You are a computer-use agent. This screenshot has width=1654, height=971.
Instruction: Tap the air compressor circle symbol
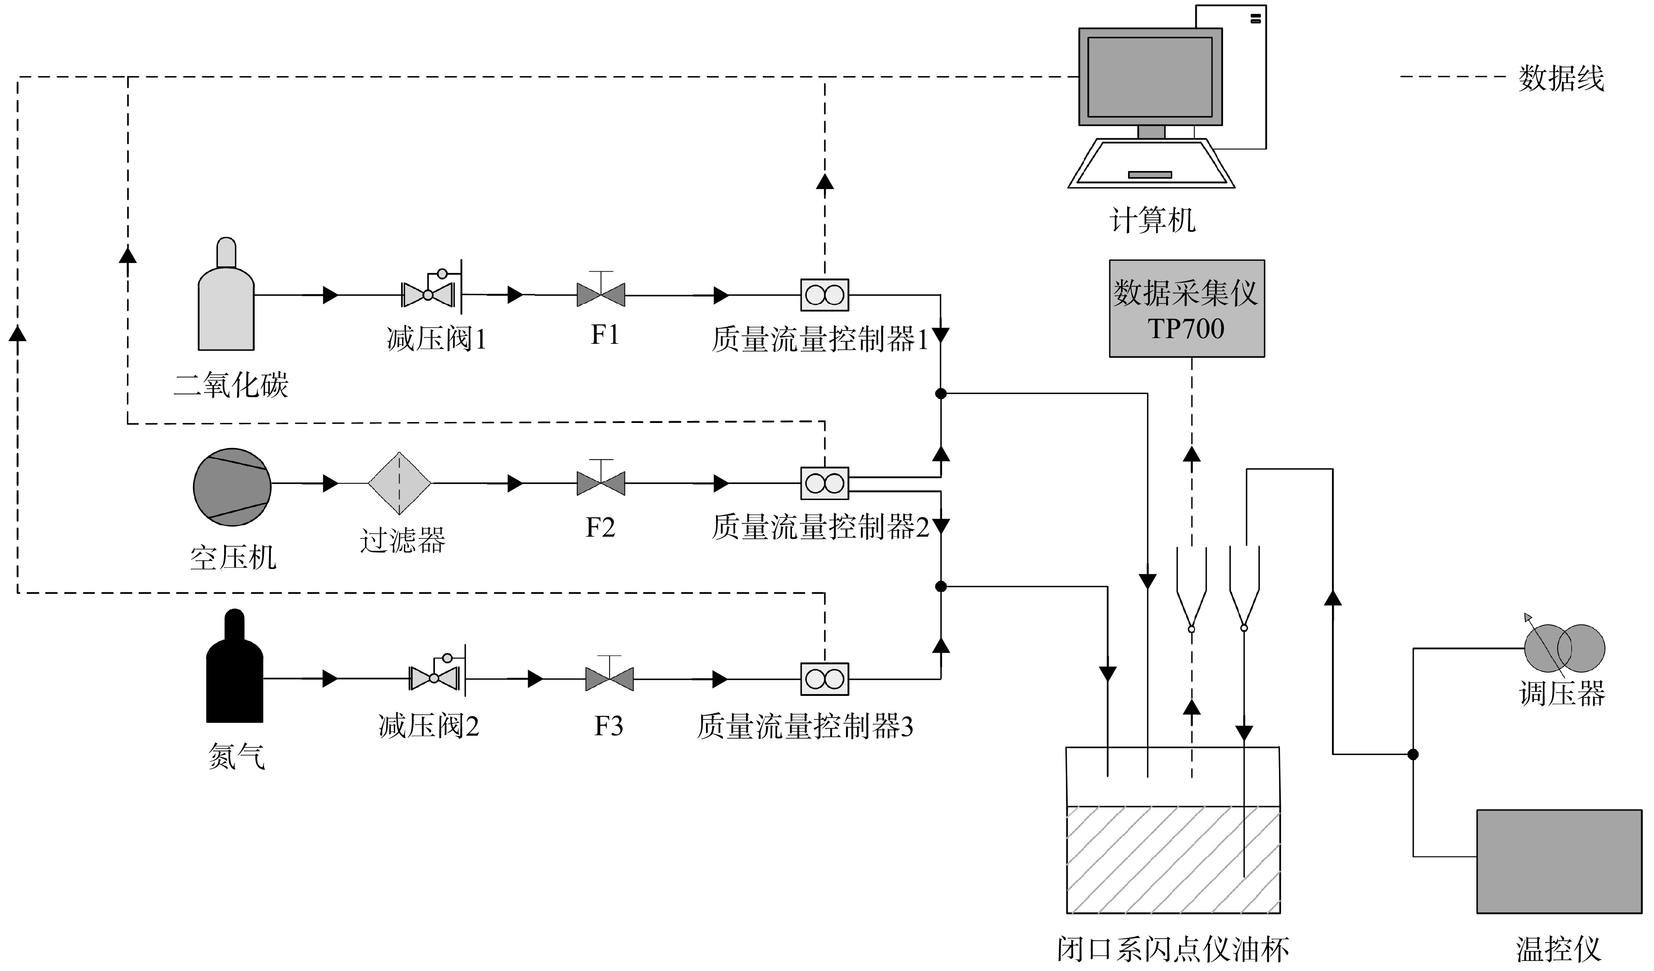click(232, 487)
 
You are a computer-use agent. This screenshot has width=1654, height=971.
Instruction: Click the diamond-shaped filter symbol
click(399, 484)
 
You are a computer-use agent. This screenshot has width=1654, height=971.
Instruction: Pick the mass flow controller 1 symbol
click(824, 295)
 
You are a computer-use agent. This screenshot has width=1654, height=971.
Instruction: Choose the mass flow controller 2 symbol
click(824, 484)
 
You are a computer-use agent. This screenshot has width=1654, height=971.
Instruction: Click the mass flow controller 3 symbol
click(824, 679)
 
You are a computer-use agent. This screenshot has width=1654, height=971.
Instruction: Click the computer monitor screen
click(1150, 77)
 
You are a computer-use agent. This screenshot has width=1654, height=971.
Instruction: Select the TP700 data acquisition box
click(1187, 308)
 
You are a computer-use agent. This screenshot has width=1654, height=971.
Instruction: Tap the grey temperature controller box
click(1559, 862)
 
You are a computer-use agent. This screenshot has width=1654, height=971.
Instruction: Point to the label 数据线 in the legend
click(1561, 78)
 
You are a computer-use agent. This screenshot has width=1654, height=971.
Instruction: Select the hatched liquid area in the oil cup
click(1173, 859)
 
